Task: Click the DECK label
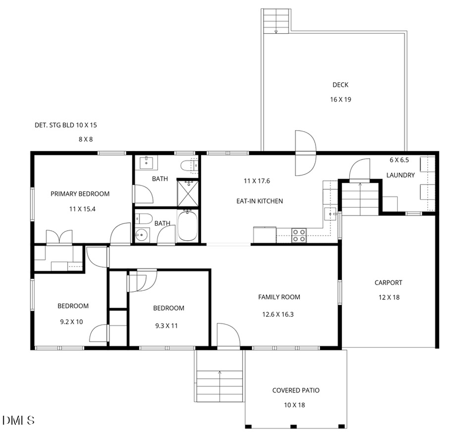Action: (x=340, y=85)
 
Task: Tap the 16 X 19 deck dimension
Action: (x=340, y=99)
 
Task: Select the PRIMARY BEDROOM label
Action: (x=80, y=194)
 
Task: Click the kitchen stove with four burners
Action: (x=299, y=235)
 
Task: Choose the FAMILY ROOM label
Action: (x=279, y=297)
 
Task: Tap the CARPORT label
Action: (x=389, y=283)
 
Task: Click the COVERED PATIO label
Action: (x=296, y=390)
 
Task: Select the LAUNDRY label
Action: (x=400, y=175)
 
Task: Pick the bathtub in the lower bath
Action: (x=187, y=226)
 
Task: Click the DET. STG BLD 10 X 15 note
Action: (x=66, y=125)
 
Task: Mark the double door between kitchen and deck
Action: (x=305, y=153)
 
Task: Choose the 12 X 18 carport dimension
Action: (x=389, y=297)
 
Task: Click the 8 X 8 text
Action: (x=85, y=140)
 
